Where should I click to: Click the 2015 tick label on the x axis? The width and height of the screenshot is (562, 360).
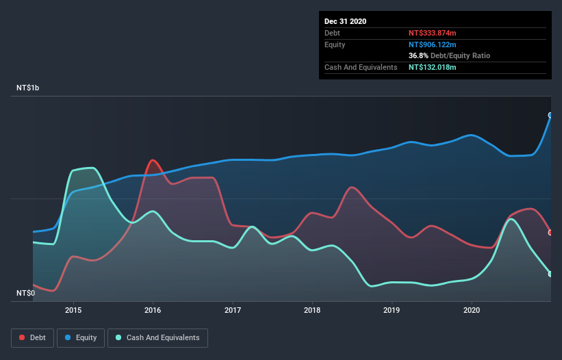73,310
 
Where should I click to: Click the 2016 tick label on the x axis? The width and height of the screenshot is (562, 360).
153,310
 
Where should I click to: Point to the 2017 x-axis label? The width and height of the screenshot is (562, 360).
233,310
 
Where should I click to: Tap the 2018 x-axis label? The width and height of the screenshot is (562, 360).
312,310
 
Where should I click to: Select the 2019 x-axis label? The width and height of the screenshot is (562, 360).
392,310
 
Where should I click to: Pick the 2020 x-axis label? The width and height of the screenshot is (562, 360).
472,310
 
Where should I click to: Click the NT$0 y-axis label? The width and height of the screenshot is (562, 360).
25,293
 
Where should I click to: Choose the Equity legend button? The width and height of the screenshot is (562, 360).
81,337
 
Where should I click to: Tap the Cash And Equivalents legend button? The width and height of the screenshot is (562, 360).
157,337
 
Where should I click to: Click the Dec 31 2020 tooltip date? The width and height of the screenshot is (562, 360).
345,21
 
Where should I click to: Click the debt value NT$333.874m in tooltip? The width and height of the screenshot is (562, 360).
432,33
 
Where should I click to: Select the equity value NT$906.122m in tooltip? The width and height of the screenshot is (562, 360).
432,44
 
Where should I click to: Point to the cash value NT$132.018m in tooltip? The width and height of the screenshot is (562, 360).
432,67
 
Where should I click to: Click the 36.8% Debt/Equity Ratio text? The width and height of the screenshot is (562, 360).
449,55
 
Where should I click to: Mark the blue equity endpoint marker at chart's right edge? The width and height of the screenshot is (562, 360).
550,115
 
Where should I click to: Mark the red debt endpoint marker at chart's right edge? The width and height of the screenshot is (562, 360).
550,233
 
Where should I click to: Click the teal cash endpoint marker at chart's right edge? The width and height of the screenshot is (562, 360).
550,274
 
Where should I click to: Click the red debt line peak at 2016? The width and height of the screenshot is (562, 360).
153,161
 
